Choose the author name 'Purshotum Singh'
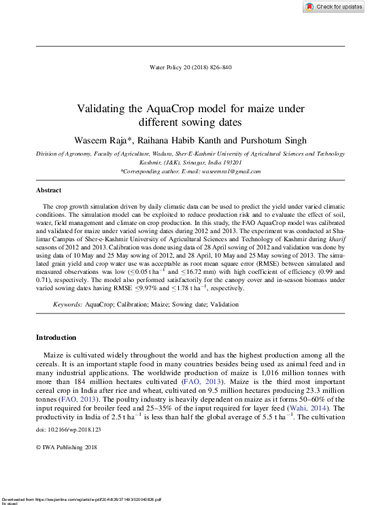coord(267,140)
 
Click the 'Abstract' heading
coord(48,190)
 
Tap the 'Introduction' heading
coord(56,338)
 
